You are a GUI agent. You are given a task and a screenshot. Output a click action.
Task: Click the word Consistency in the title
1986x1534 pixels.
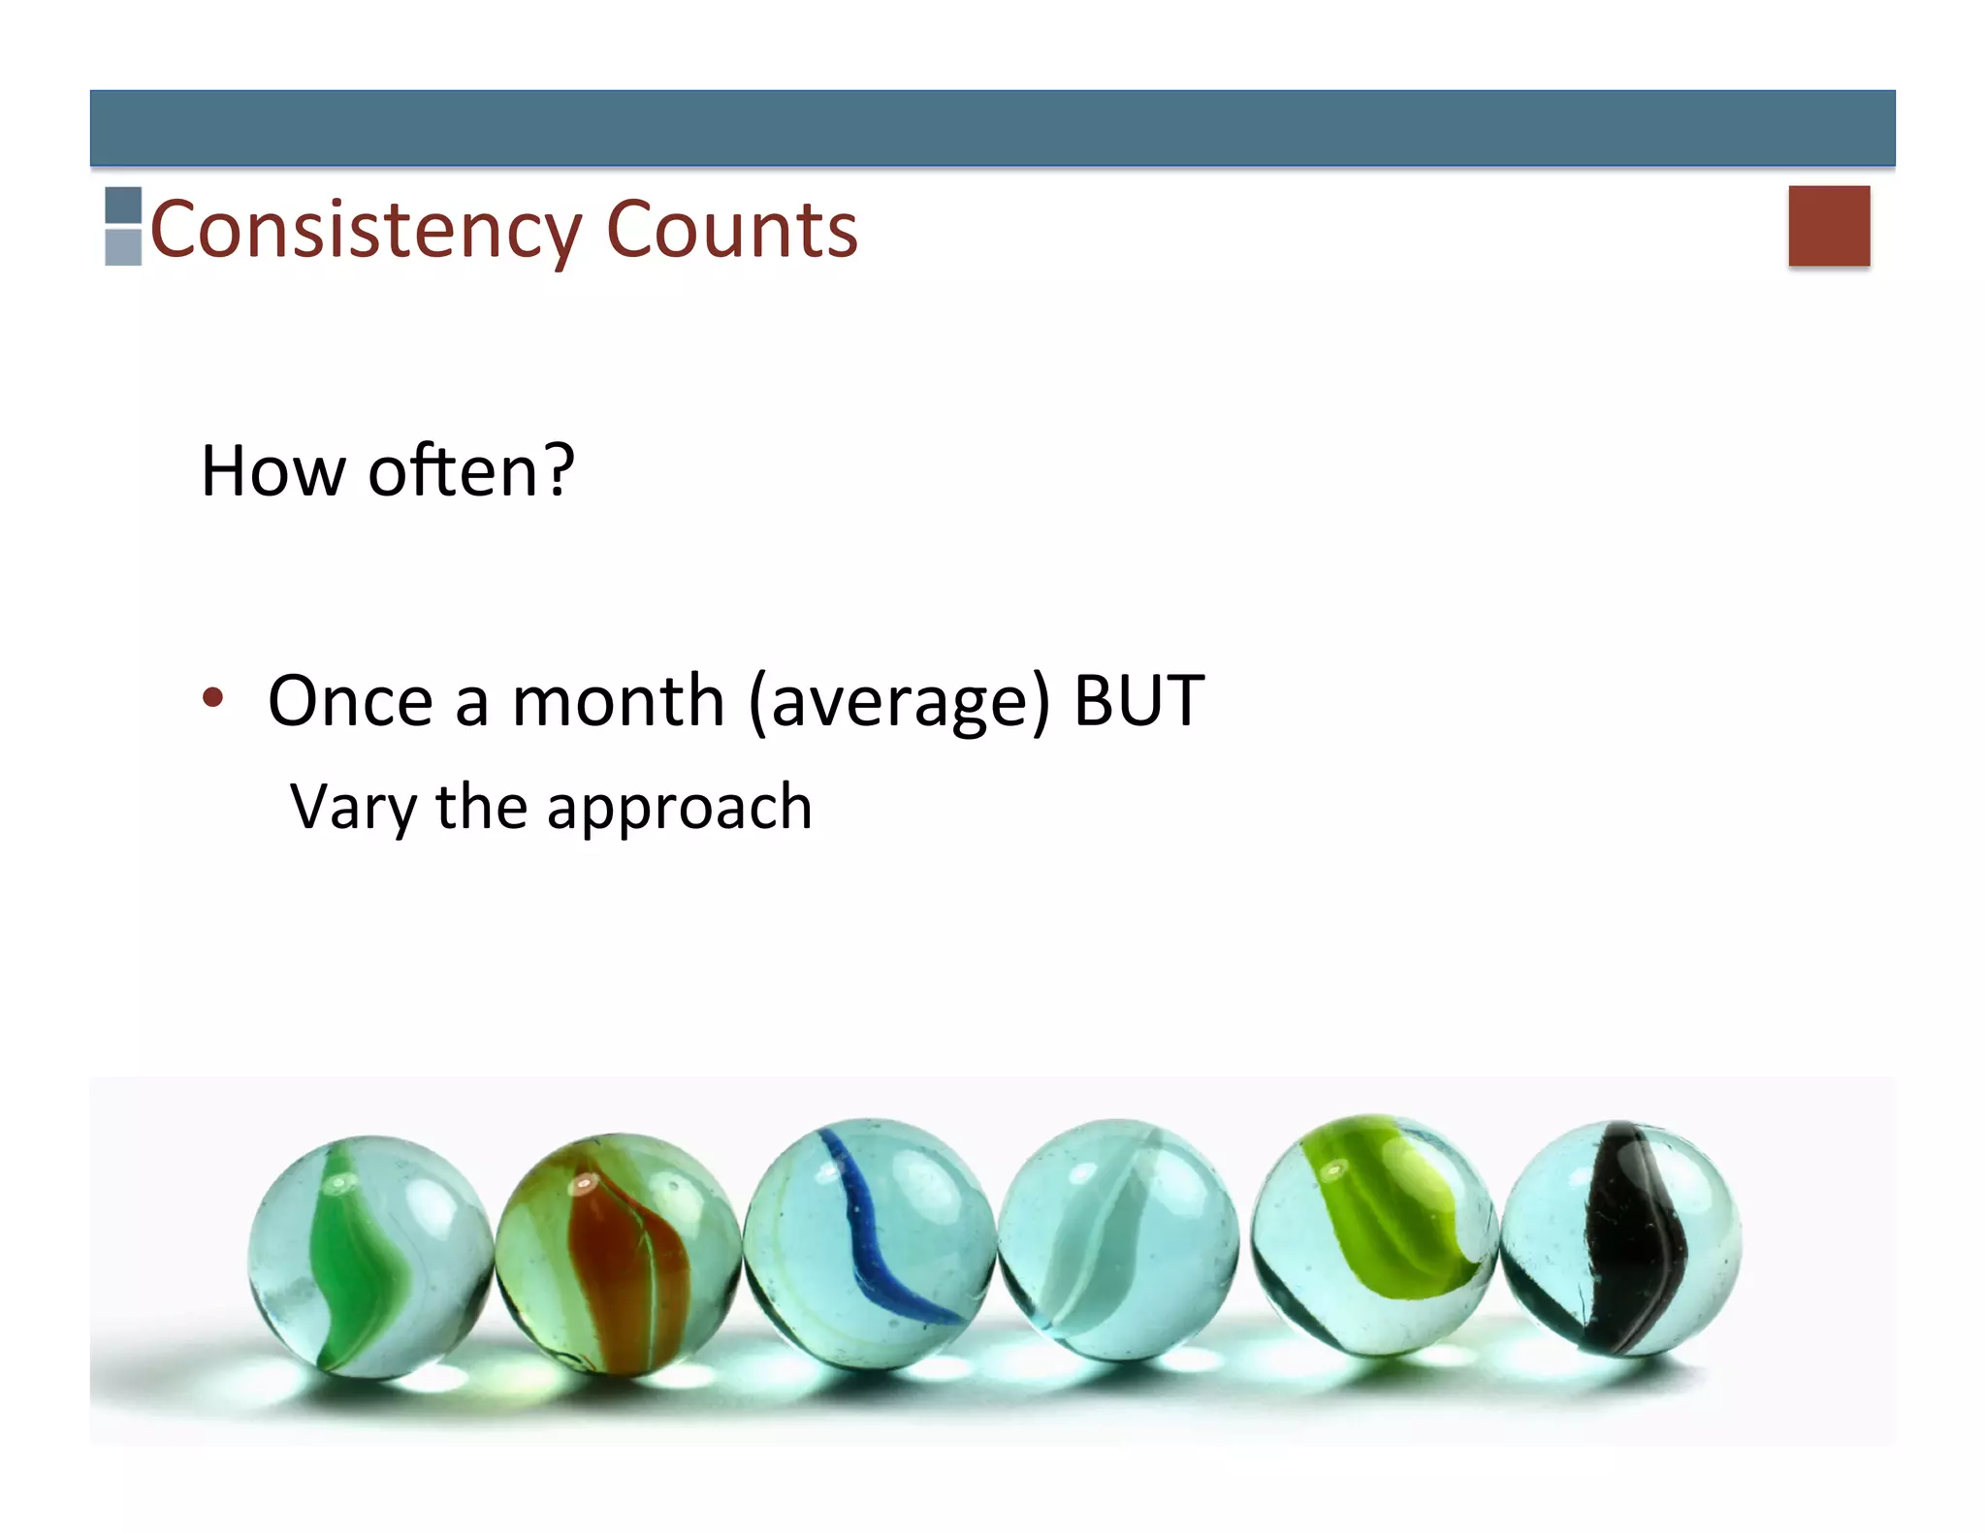(x=365, y=231)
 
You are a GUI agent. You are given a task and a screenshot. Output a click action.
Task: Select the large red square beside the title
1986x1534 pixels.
(x=1829, y=225)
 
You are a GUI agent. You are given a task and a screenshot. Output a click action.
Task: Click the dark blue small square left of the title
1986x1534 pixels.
(x=123, y=206)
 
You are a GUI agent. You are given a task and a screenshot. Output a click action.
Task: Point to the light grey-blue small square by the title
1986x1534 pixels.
(x=123, y=247)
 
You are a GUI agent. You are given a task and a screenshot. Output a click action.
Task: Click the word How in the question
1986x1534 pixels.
(x=272, y=472)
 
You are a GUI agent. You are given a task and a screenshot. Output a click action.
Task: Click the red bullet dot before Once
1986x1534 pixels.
(x=213, y=697)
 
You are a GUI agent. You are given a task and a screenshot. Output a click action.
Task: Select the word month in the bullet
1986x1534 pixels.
(x=618, y=701)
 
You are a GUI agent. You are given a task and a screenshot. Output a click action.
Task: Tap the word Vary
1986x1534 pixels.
(x=354, y=807)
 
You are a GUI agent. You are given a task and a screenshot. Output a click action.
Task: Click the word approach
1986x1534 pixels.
(x=679, y=809)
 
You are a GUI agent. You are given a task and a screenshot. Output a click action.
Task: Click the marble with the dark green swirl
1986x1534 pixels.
(x=369, y=1255)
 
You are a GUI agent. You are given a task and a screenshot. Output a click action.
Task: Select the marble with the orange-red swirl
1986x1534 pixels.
(x=618, y=1253)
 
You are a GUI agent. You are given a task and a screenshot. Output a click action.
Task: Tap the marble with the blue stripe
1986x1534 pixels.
(x=869, y=1243)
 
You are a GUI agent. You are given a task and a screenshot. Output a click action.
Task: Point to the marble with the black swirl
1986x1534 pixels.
(x=1620, y=1238)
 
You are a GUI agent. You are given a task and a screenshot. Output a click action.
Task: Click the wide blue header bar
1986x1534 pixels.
(x=992, y=128)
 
